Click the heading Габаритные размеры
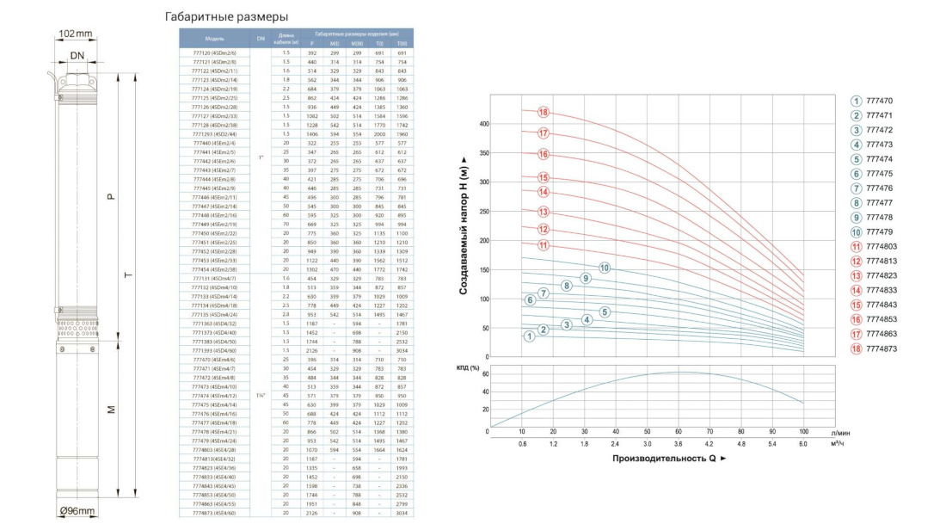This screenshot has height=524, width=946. coord(225,17)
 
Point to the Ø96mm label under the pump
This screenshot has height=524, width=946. coord(77,511)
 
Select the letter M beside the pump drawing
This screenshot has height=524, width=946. coord(112,409)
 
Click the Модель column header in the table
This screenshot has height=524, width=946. coord(215,39)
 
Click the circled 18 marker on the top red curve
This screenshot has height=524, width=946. coord(544,113)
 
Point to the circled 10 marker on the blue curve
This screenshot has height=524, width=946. coord(605,268)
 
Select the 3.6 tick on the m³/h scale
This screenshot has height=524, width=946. coord(679,443)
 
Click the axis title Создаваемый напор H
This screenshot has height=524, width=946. coord(464,225)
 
